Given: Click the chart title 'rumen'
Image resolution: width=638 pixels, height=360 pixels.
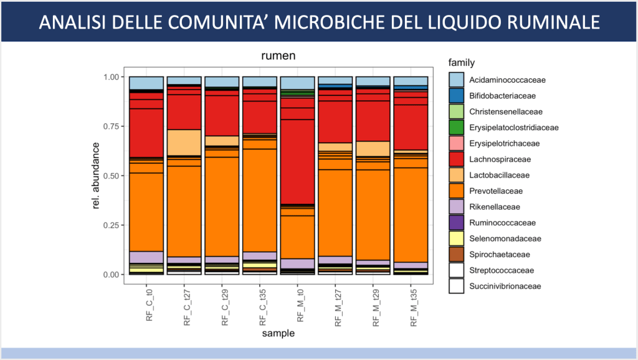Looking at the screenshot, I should click(x=278, y=56).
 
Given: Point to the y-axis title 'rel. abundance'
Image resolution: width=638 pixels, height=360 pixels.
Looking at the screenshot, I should click(x=97, y=176).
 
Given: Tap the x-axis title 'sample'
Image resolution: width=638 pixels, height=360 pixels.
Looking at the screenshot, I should click(x=278, y=334).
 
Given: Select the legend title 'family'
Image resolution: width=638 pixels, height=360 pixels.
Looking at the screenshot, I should click(x=462, y=62).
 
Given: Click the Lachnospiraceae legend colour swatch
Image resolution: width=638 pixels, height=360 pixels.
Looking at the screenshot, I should click(x=457, y=159).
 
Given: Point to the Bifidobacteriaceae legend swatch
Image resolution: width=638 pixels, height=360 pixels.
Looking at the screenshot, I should click(x=457, y=96).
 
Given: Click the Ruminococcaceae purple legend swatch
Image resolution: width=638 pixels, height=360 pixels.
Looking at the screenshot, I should click(x=457, y=223).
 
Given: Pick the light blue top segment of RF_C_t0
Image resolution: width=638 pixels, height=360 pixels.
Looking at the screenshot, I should click(x=146, y=83).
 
